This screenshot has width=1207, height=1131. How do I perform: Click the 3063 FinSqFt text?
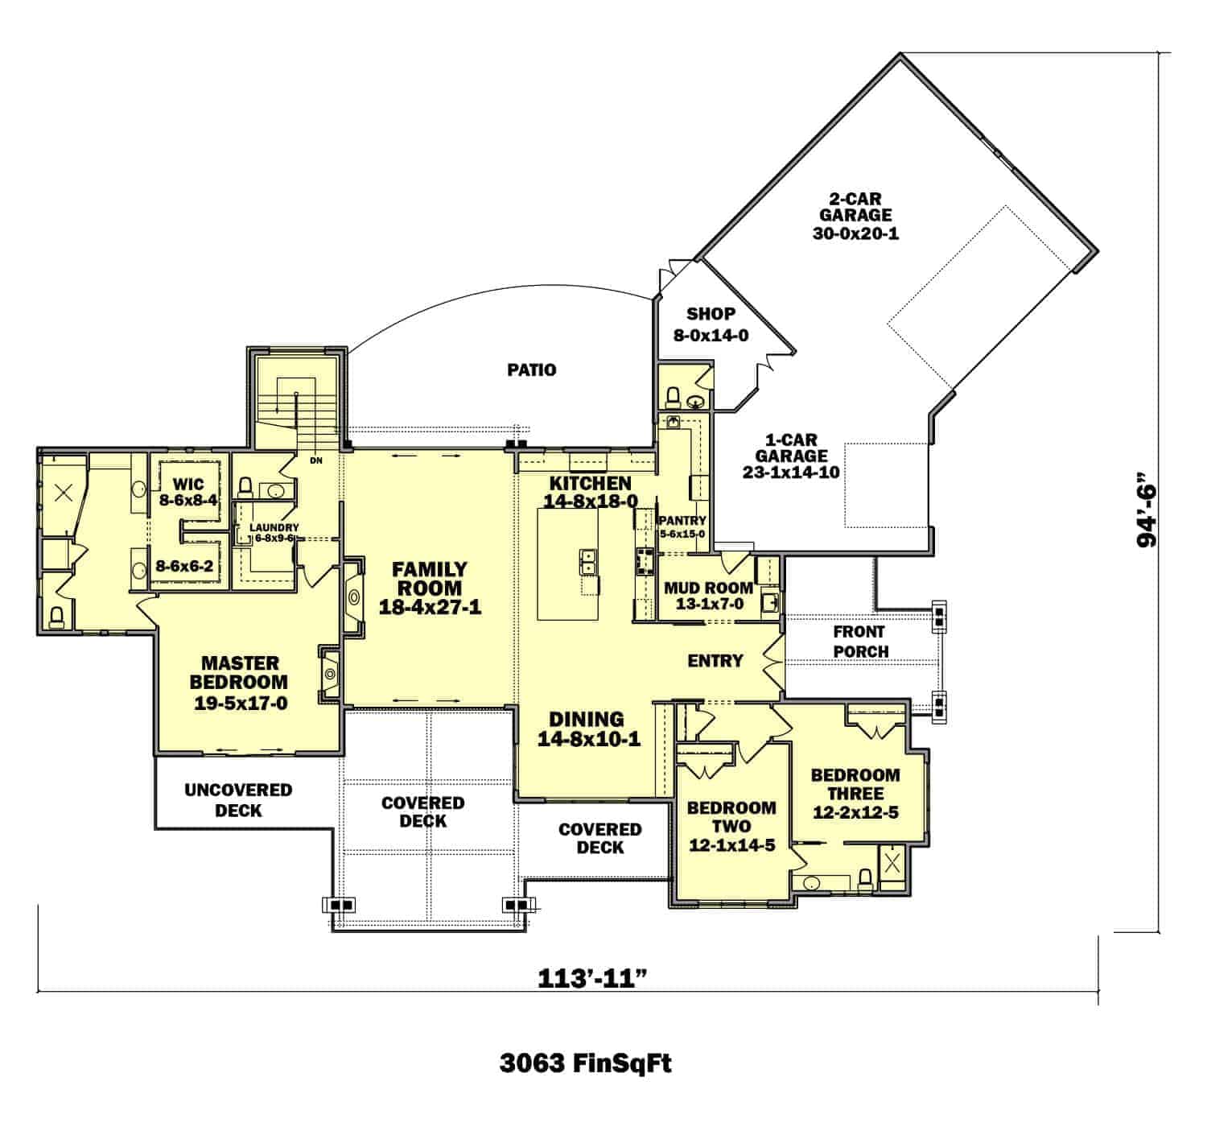[585, 1063]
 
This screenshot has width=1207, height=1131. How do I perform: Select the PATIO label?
[532, 370]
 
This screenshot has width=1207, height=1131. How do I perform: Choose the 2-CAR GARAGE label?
[855, 216]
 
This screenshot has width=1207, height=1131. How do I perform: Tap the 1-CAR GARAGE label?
[791, 456]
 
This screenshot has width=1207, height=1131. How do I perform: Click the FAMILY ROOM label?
[430, 588]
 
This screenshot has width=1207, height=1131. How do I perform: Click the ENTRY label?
[715, 661]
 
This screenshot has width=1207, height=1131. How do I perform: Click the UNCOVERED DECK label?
[238, 799]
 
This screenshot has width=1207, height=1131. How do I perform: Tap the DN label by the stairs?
[315, 461]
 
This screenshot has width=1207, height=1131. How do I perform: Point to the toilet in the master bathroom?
[56, 617]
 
